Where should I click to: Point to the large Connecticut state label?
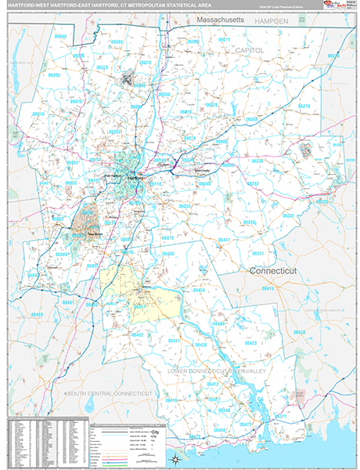(x=275, y=270)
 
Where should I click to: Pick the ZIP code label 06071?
(x=225, y=39)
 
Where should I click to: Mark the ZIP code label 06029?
(x=211, y=104)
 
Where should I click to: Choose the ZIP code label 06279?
(x=304, y=106)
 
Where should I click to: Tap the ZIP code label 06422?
(x=138, y=334)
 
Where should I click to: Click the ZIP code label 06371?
(x=280, y=416)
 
